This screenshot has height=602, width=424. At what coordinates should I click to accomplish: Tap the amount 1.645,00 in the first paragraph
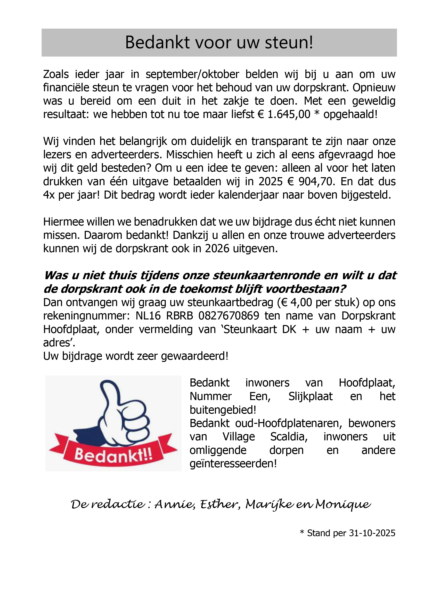[x=289, y=115]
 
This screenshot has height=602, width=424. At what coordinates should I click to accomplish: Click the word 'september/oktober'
[x=192, y=75]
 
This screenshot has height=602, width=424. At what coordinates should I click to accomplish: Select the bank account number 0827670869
[x=229, y=316]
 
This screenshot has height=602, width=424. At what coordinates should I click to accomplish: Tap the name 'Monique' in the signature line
[x=343, y=504]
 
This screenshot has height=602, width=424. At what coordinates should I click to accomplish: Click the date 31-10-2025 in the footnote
[x=372, y=533]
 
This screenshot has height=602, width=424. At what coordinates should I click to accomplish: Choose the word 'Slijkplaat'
[x=310, y=396]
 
